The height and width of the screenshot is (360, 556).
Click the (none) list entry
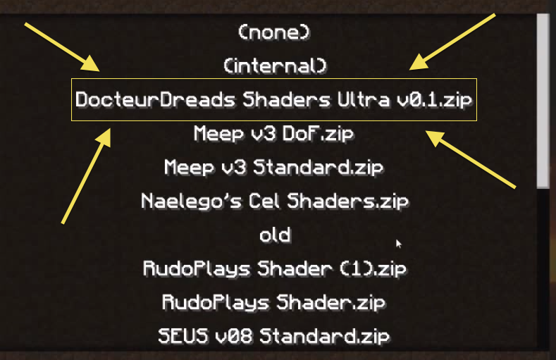pyautogui.click(x=274, y=32)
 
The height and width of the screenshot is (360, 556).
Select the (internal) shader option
pyautogui.click(x=275, y=66)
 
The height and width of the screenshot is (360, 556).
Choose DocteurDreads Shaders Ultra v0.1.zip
pyautogui.click(x=274, y=99)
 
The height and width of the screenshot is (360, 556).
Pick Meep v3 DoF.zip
pyautogui.click(x=274, y=133)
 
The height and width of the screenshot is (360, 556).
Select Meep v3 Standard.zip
pyautogui.click(x=274, y=167)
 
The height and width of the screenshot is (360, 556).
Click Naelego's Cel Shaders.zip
pyautogui.click(x=274, y=201)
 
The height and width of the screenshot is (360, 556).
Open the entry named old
pyautogui.click(x=274, y=235)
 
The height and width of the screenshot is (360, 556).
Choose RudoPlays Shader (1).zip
pyautogui.click(x=274, y=268)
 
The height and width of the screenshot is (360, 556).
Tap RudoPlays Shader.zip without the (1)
pyautogui.click(x=274, y=302)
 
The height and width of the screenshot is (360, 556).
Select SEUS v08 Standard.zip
pyautogui.click(x=274, y=336)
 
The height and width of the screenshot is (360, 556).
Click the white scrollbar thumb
pyautogui.click(x=543, y=99)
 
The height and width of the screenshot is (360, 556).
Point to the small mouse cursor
pyautogui.click(x=399, y=244)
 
